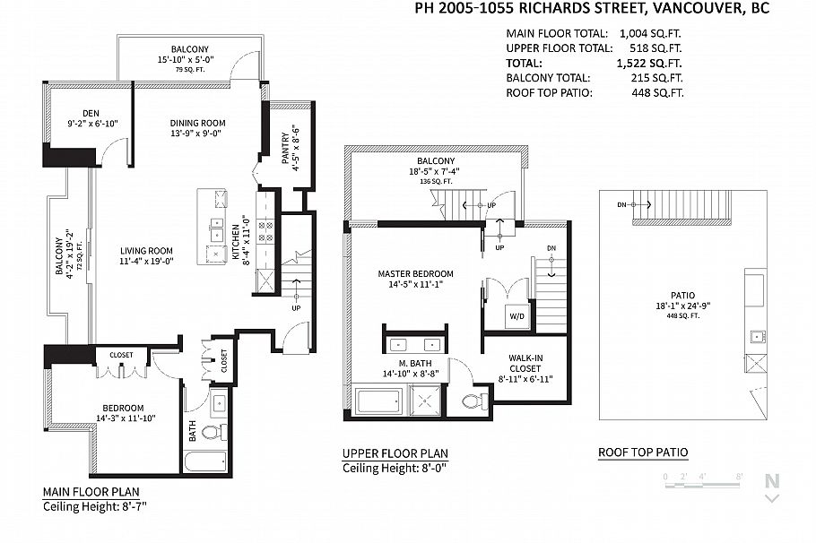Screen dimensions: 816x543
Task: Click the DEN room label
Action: coord(91,113)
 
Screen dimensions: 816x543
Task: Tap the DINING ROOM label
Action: coord(198,124)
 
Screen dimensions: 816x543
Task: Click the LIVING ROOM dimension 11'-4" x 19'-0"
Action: coord(146,261)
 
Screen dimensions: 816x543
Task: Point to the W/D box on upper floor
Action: coord(517,315)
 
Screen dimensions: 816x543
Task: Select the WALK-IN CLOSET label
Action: coord(525,363)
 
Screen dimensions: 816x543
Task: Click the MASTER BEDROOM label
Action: coord(415,273)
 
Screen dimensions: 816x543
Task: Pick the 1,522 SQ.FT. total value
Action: coord(649,64)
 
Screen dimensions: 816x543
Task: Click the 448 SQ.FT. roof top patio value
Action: coord(657,93)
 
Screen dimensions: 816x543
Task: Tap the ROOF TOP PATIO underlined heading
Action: coord(643,452)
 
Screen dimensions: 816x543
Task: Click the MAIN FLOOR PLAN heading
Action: coord(91,492)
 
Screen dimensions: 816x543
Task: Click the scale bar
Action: coord(702,485)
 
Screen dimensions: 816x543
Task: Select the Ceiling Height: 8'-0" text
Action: coord(395,468)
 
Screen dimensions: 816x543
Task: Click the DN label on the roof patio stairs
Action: coord(622,205)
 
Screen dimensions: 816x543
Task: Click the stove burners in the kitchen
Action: coord(265,232)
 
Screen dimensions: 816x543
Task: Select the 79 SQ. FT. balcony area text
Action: coord(190,69)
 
